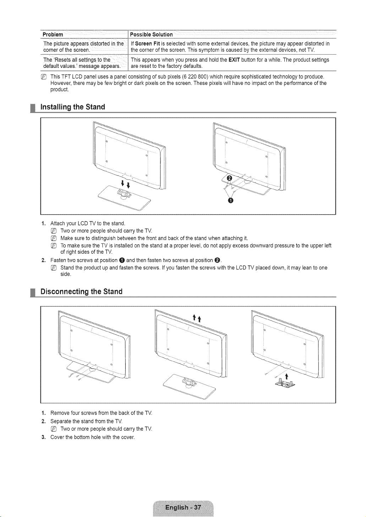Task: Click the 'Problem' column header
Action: [53, 34]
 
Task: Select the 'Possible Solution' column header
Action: [151, 34]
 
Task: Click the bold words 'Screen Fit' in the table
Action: [148, 44]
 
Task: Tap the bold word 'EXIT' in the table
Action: [234, 60]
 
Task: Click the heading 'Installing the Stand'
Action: [73, 107]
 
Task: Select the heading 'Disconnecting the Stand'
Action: [81, 291]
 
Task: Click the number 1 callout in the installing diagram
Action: [231, 200]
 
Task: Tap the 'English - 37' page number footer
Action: [183, 507]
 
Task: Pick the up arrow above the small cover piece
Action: [287, 376]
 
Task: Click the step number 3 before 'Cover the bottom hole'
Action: [43, 437]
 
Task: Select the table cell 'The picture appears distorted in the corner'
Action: [84, 47]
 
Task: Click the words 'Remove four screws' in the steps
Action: [73, 413]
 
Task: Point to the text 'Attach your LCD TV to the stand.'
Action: [88, 224]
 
